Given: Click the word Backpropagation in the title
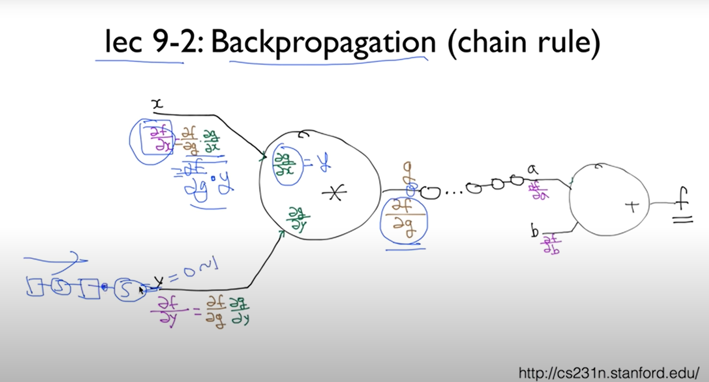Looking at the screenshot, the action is (323, 42).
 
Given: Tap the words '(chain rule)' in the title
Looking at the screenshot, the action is (524, 42).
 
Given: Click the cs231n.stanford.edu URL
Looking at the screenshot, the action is (609, 372).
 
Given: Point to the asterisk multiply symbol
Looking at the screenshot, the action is (334, 193).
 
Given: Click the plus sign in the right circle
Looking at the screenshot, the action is (632, 206).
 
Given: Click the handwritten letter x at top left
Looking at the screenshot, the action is (158, 104).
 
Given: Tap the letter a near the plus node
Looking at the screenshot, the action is (532, 169).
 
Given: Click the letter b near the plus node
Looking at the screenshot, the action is (535, 231).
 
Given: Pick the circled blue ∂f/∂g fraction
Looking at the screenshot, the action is (403, 220).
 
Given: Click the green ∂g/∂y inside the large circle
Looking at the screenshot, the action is (298, 219).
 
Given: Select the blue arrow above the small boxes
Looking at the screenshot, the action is (56, 259).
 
